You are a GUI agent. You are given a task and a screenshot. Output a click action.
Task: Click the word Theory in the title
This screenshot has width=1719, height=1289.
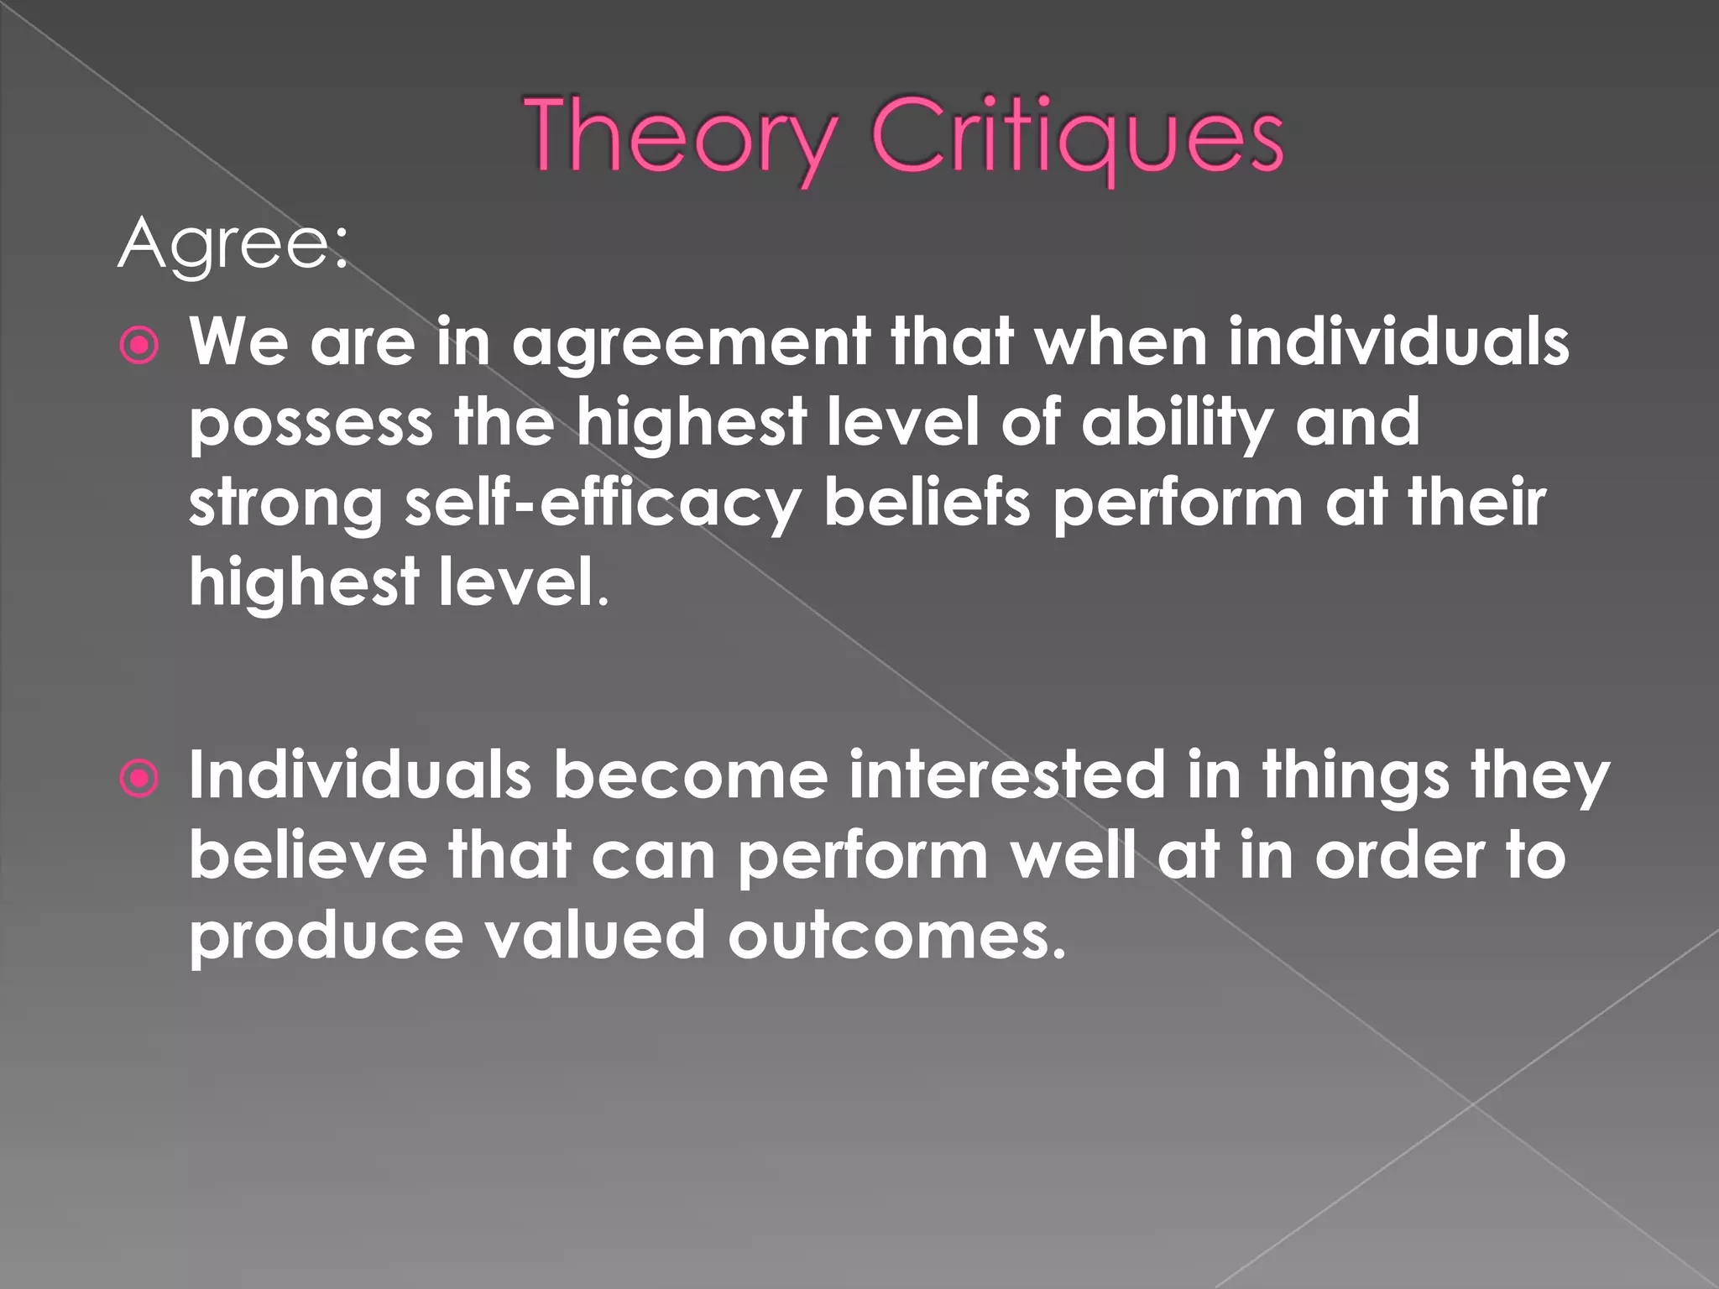pos(682,137)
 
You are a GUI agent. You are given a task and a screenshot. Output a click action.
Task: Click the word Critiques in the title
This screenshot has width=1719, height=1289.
pos(1077,137)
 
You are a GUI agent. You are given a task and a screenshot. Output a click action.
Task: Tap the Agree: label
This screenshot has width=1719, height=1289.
pos(233,244)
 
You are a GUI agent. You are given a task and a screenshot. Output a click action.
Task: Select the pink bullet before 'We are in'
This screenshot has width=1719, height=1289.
pos(139,345)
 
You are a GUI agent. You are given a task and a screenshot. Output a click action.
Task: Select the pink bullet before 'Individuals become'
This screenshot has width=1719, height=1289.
pos(139,778)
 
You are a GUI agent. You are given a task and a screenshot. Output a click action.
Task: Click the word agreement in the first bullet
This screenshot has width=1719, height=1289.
pos(691,343)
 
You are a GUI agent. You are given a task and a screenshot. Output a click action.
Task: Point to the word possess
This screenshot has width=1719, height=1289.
pos(311,424)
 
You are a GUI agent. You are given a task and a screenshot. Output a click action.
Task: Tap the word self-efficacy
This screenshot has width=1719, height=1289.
pos(602,504)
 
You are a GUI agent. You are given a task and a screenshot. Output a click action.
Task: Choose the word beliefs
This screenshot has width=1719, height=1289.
pos(927,503)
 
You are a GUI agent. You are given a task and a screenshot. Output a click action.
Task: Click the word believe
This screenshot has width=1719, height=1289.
pos(307,855)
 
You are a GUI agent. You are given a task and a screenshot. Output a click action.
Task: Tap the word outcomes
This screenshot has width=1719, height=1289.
pos(896,936)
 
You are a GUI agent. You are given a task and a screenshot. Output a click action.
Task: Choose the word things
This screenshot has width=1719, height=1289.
pos(1356,776)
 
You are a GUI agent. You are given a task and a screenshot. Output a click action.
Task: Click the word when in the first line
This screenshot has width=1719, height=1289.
pos(1121,343)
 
